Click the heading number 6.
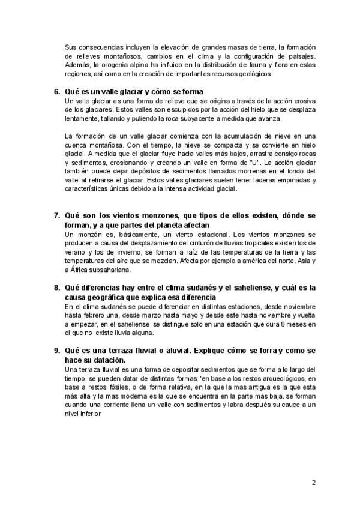58,92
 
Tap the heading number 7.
58,215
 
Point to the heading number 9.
58,350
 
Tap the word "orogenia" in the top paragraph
129,65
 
